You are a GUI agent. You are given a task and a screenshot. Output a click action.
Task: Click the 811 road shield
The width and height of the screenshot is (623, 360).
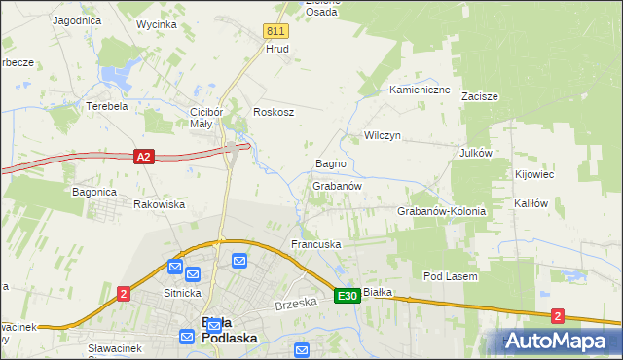pos(275,32)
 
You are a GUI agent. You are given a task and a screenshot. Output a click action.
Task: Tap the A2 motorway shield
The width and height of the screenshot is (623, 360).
pos(143,156)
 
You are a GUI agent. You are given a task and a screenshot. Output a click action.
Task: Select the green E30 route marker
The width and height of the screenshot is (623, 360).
pos(348,295)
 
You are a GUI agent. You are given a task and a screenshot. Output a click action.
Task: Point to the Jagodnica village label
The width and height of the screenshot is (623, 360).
pos(79,19)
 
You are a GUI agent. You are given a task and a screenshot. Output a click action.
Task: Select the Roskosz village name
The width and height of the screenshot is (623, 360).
pos(274,112)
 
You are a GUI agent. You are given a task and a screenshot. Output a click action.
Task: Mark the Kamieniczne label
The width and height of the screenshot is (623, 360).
pos(420,90)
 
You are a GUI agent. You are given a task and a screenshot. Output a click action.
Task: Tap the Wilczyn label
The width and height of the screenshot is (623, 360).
pos(383,135)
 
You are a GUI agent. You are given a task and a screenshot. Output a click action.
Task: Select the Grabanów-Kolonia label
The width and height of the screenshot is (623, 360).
pos(441,211)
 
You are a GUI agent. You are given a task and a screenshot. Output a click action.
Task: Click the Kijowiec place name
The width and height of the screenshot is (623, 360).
pos(533,174)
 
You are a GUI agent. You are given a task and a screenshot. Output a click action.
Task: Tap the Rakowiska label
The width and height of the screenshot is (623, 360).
pos(159,204)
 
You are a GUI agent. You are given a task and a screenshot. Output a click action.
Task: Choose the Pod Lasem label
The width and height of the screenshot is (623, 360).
pos(450,276)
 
